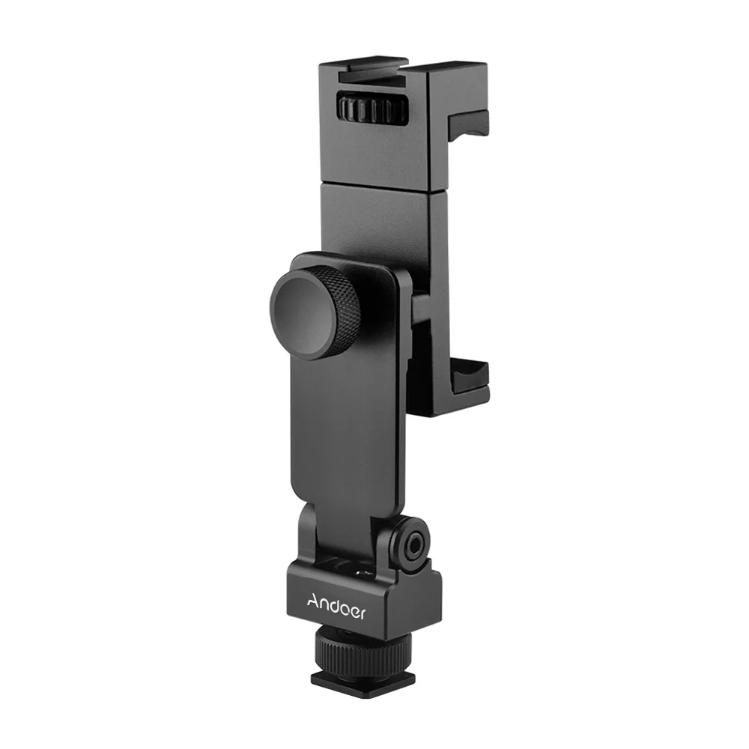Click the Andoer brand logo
click(x=336, y=605)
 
